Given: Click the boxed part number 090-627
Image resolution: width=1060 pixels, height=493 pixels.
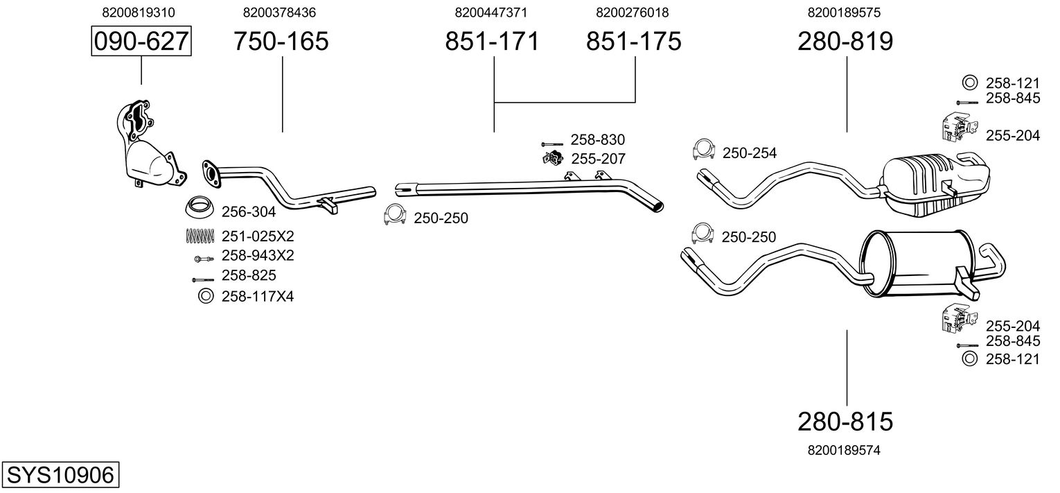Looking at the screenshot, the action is [141, 41].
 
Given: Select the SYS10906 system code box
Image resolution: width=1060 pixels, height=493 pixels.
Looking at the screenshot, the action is [60, 474].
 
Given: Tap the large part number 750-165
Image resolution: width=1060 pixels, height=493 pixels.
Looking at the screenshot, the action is [281, 41].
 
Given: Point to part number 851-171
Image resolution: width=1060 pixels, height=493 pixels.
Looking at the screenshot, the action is [492, 41].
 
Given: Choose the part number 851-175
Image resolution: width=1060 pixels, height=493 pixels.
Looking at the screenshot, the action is [634, 41].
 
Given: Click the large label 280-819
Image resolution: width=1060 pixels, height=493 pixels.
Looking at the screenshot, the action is [845, 41].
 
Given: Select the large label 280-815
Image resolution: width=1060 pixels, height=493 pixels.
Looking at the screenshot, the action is [845, 421].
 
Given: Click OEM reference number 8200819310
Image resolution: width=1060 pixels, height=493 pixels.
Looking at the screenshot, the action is [139, 12].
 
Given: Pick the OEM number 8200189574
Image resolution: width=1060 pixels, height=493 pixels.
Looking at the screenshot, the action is [845, 450].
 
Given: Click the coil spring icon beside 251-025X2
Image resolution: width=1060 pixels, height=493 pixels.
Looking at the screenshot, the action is [201, 235].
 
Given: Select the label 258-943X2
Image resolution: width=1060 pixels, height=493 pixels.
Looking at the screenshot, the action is [258, 256].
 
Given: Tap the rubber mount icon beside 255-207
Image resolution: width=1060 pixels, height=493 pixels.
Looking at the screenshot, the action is [553, 157].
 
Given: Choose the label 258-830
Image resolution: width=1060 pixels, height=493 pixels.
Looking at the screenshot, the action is [598, 139].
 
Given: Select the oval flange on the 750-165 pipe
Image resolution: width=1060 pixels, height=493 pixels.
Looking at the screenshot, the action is [211, 174].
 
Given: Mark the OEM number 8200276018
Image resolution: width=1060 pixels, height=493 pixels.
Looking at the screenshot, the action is [633, 12].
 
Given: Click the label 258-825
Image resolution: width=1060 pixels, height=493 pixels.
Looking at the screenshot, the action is [249, 276].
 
